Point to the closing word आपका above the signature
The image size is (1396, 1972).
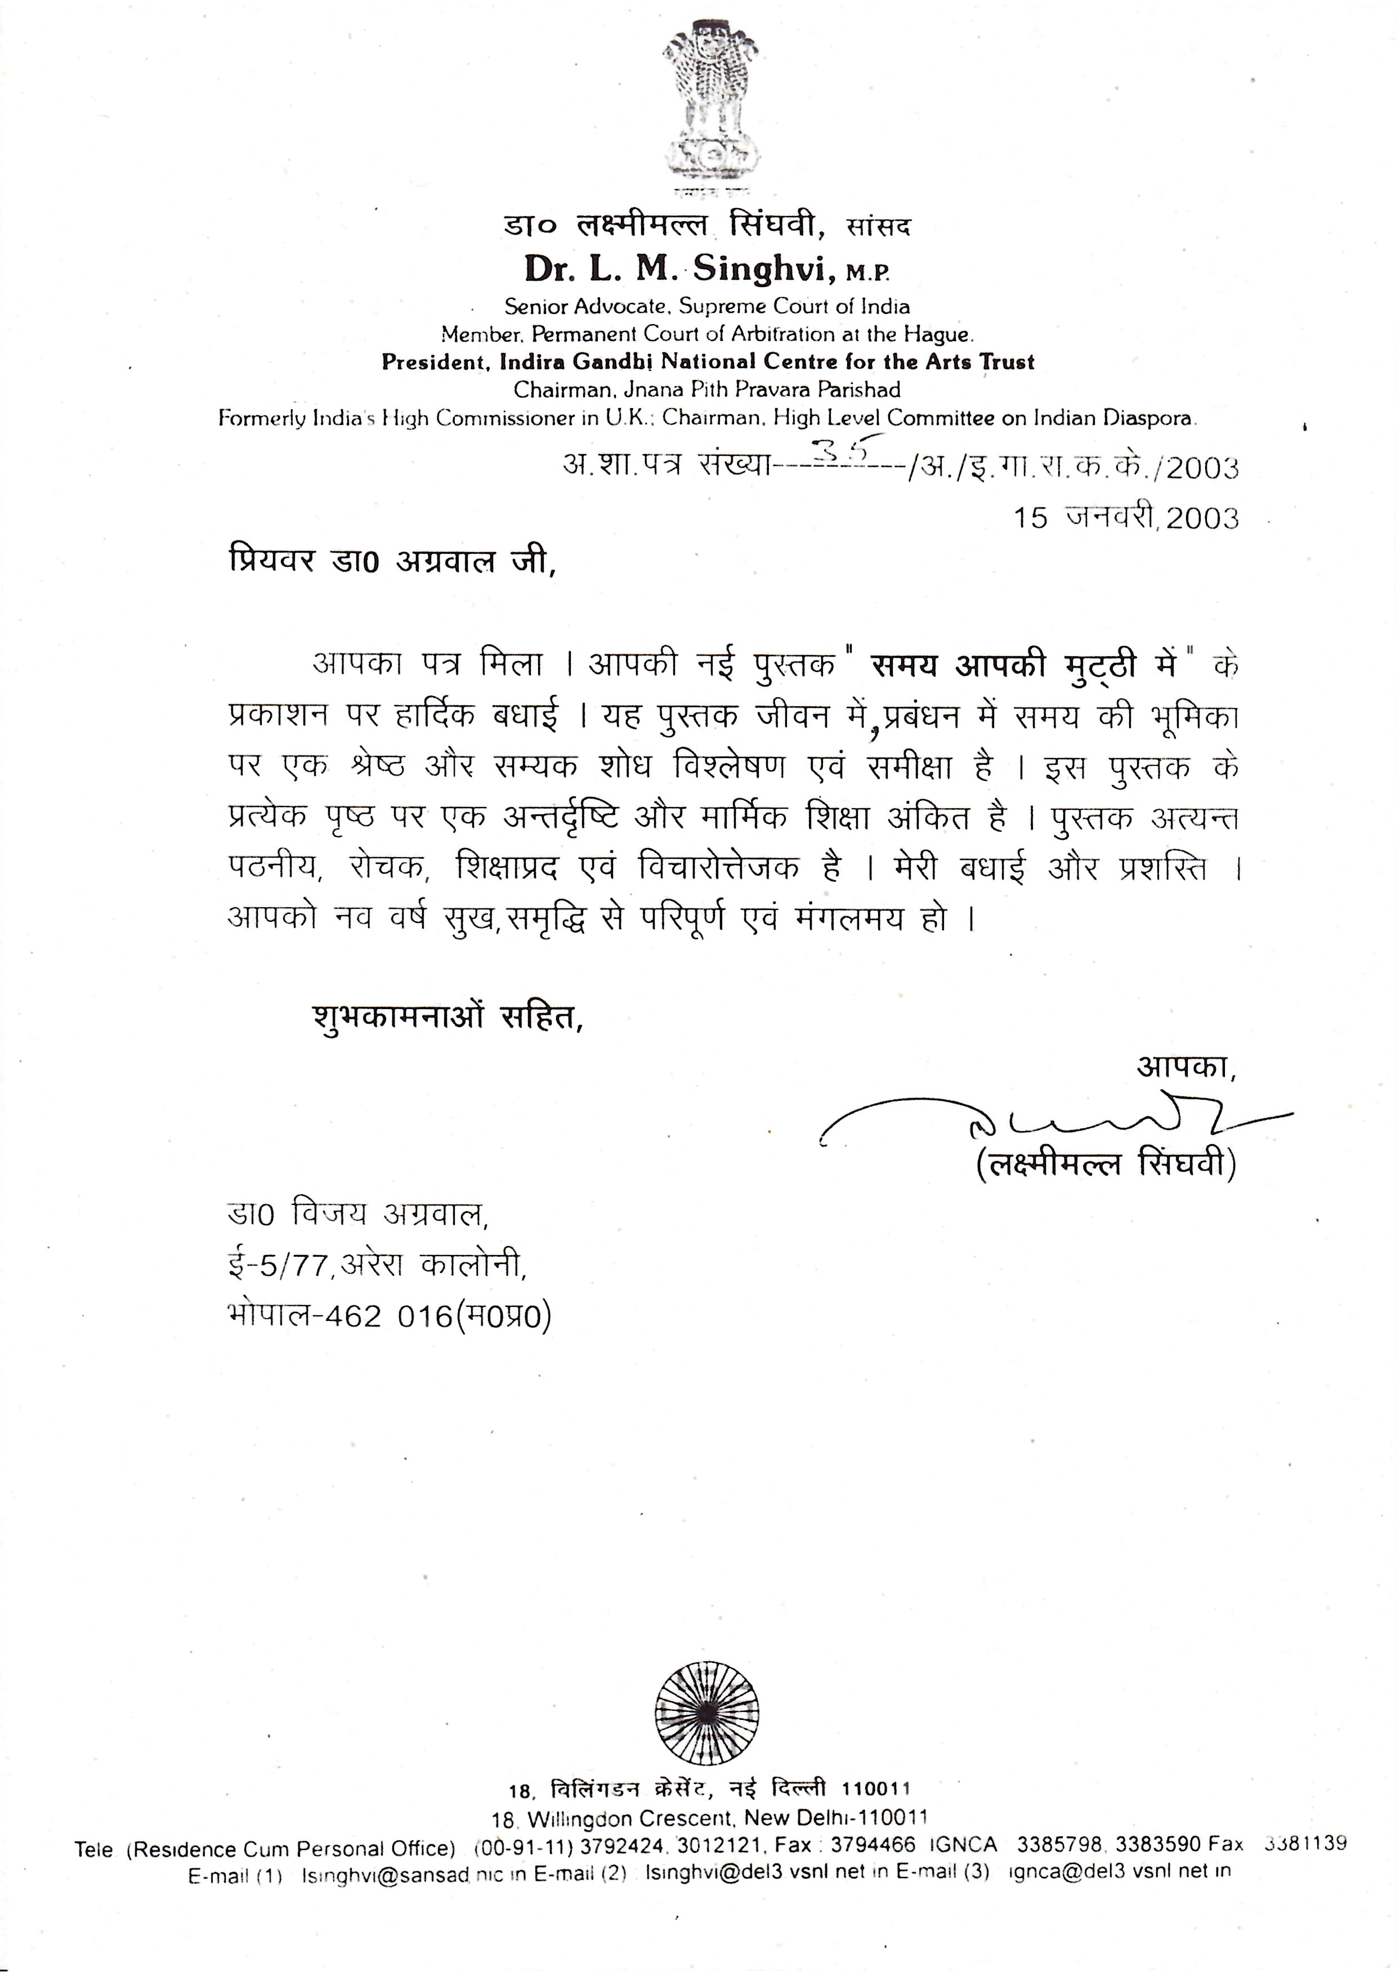(1184, 1067)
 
